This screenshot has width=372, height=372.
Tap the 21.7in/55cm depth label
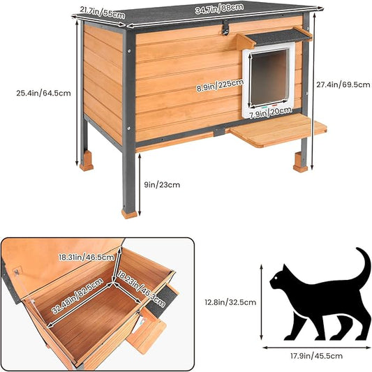tap(98, 9)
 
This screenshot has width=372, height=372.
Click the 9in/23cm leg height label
tap(162, 184)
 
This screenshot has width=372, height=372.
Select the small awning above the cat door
tap(274, 36)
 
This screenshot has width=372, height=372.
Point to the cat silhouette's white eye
tap(274, 281)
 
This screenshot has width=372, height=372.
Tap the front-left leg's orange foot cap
tap(129, 211)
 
